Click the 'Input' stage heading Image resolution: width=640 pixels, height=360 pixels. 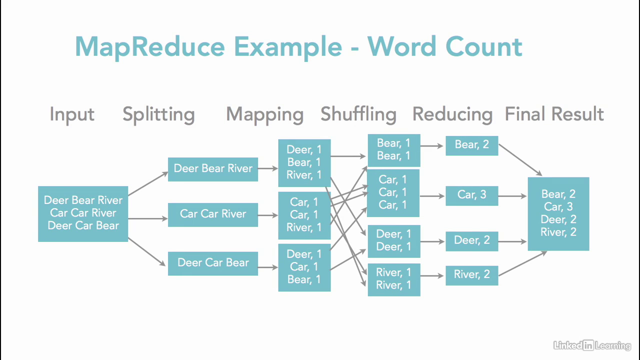72,114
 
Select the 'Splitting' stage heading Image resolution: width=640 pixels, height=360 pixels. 158,114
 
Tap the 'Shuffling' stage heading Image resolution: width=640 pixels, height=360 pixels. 358,114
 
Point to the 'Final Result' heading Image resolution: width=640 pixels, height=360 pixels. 554,114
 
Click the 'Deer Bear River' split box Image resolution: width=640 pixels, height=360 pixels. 213,168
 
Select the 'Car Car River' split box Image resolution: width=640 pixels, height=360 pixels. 213,214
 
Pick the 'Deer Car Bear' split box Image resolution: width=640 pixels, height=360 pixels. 213,263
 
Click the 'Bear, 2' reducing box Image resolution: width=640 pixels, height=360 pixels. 471,145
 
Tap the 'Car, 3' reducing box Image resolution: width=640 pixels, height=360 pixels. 471,195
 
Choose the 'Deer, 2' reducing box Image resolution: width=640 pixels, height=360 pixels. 471,240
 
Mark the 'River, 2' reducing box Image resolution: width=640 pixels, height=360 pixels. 471,274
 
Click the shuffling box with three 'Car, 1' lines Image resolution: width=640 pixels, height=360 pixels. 393,192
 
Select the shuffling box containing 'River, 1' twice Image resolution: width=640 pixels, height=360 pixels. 393,279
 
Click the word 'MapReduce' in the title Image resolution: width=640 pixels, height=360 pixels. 150,46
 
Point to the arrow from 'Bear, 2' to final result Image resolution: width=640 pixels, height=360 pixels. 520,160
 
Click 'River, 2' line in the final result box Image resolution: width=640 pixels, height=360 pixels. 558,232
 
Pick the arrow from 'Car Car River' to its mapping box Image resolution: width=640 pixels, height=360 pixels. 268,215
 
